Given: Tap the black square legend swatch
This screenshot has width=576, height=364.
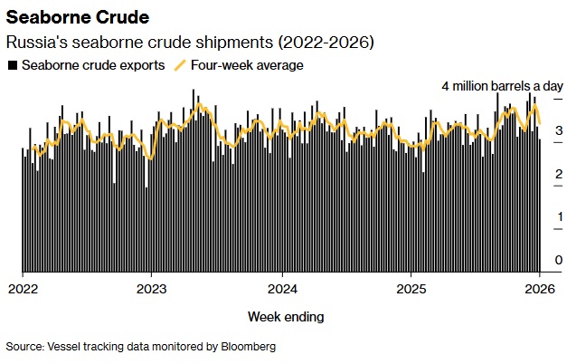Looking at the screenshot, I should click(x=12, y=65).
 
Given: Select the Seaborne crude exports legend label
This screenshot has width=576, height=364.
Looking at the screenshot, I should click(x=93, y=65).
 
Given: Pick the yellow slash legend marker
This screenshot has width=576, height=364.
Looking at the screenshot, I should click(x=179, y=65).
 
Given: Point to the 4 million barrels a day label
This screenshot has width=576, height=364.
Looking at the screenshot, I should click(x=502, y=86).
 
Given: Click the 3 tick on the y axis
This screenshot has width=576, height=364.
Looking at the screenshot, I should click(x=559, y=131).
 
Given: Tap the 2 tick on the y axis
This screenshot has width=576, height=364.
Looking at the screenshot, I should click(x=559, y=174).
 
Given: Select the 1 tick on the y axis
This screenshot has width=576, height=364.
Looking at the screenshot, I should click(x=559, y=216).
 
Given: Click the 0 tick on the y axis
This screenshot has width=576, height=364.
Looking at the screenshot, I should click(x=559, y=260).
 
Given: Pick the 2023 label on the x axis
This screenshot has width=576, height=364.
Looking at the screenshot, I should click(x=151, y=289).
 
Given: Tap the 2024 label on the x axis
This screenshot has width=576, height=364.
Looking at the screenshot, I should click(x=282, y=289).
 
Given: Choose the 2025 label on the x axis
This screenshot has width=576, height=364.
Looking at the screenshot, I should click(x=411, y=289).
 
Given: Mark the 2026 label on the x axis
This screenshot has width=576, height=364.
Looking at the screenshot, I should click(x=540, y=289).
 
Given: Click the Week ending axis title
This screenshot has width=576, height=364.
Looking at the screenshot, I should click(x=286, y=317).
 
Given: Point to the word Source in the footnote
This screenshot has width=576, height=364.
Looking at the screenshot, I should click(x=24, y=346).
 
